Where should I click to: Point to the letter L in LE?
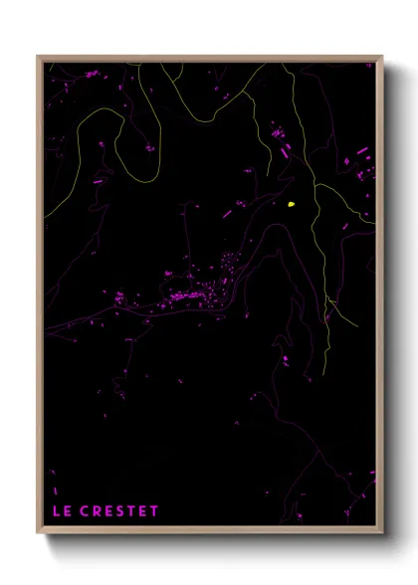56,511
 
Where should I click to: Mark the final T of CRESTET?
154,511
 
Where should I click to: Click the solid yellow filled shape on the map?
291,204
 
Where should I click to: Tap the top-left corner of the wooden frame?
39,58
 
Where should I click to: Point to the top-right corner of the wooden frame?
382,58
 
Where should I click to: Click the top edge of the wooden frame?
209,58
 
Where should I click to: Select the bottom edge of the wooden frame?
209,531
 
